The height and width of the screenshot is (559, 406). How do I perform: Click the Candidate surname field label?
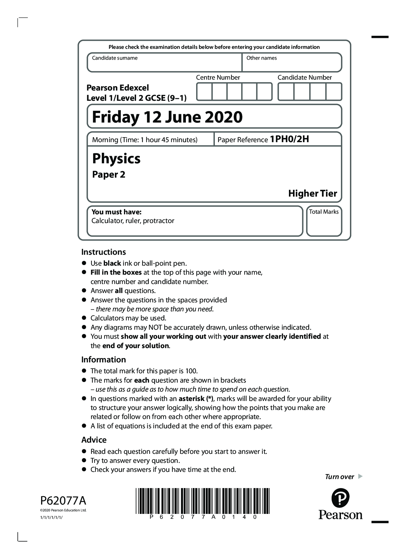115,58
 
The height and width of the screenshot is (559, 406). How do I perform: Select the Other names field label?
261,58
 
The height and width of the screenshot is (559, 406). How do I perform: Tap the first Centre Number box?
204,92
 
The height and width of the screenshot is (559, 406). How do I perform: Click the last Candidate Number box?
333,92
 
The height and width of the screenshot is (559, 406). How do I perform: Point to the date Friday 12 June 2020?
167,117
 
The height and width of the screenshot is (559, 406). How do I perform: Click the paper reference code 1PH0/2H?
289,139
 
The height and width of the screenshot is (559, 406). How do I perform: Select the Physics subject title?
116,159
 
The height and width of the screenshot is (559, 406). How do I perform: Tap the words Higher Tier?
312,193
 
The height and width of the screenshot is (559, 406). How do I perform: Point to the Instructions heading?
103,252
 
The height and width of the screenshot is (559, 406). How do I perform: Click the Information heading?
103,360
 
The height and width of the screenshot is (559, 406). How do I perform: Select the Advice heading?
94,440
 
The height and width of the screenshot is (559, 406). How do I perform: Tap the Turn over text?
339,477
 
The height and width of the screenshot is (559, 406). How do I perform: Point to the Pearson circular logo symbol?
340,498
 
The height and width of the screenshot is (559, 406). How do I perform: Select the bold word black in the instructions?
112,263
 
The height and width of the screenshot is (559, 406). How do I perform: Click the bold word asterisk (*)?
196,399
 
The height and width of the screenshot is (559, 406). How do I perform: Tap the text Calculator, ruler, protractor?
133,221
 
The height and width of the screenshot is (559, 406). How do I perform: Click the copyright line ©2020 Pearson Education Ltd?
63,510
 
